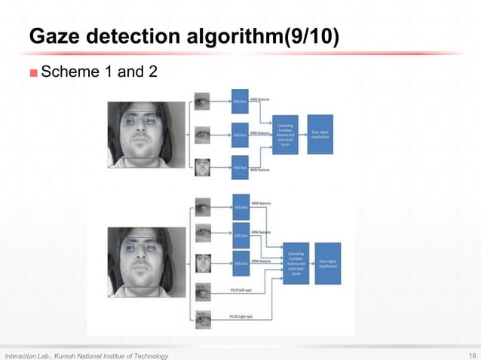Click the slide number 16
pyautogui.click(x=472, y=355)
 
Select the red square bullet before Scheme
pyautogui.click(x=33, y=73)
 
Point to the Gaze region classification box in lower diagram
pyautogui.click(x=329, y=263)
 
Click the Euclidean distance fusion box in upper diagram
pyautogui.click(x=285, y=136)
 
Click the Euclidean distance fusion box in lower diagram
pyautogui.click(x=296, y=263)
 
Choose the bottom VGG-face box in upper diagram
pyautogui.click(x=239, y=168)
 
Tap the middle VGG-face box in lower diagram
pyautogui.click(x=241, y=235)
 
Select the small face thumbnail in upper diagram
pyautogui.click(x=203, y=168)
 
